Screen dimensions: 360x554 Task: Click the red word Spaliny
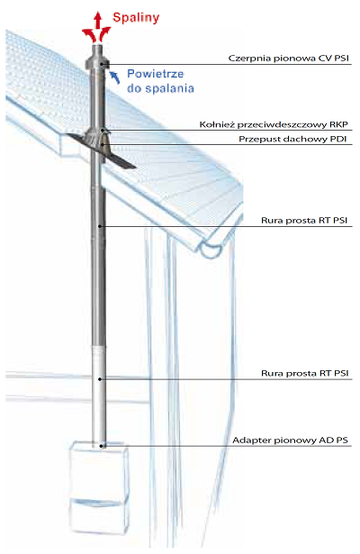coord(136,18)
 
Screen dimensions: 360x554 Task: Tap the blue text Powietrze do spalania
coord(160,81)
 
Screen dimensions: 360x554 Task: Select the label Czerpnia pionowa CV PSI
coord(288,58)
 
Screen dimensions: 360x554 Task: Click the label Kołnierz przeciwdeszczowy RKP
coord(274,124)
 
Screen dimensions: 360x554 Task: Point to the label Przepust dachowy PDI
coord(292,139)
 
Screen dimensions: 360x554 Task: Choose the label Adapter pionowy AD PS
coord(290,440)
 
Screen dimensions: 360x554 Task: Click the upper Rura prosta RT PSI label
coord(304,221)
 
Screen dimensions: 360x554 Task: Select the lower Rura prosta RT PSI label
coord(304,373)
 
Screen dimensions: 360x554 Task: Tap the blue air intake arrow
coord(114,77)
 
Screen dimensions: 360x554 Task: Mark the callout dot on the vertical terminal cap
coord(102,64)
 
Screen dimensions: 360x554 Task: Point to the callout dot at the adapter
coord(101,446)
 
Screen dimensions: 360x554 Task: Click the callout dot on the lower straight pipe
coord(100,379)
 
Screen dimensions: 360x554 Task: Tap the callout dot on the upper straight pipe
coord(100,226)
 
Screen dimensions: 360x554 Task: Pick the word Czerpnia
coord(246,59)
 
